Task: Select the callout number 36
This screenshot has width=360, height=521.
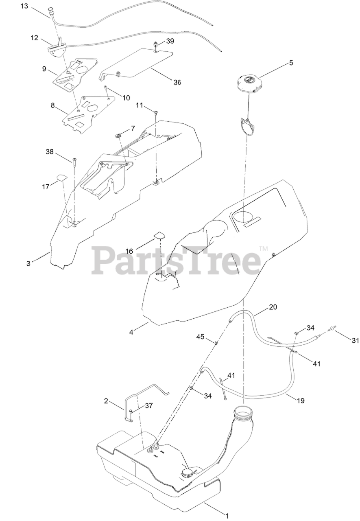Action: click(177, 82)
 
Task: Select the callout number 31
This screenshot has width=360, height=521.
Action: click(355, 341)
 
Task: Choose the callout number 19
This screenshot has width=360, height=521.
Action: click(301, 401)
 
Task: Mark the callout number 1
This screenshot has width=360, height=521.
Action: click(227, 514)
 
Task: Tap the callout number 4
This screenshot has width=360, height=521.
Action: click(131, 332)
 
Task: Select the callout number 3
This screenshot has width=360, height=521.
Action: click(28, 263)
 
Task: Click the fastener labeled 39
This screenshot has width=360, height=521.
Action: click(155, 44)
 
